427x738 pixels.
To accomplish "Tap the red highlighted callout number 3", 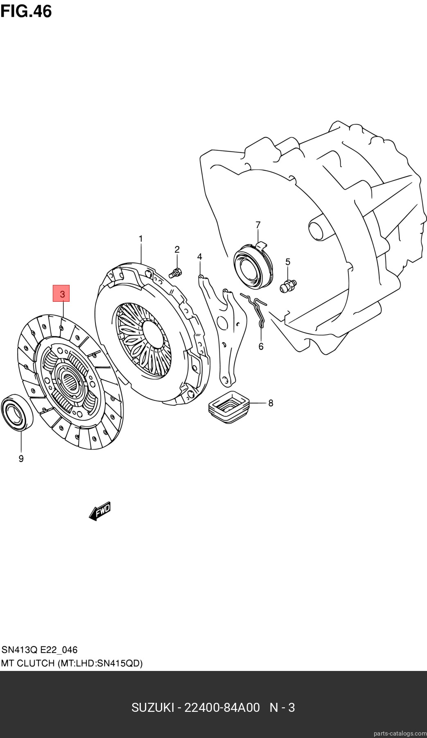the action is point(61,293).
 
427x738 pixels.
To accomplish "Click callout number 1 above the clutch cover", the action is point(140,238).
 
